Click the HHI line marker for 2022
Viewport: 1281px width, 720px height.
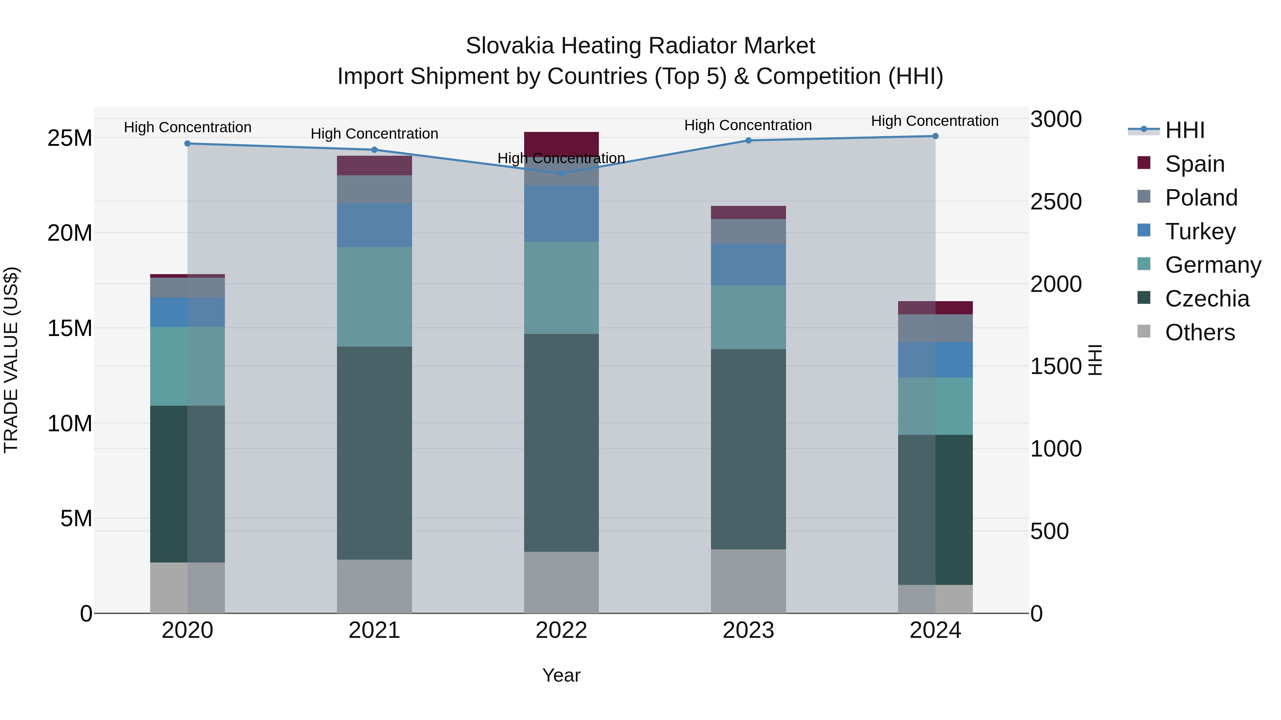click(x=562, y=174)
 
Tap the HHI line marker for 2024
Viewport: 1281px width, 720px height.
click(x=935, y=136)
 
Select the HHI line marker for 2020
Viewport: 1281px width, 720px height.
click(x=188, y=144)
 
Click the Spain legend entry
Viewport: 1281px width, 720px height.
click(x=1195, y=164)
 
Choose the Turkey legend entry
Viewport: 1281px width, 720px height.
click(x=1200, y=231)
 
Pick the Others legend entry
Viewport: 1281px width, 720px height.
click(x=1200, y=332)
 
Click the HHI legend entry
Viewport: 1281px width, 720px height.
click(x=1185, y=130)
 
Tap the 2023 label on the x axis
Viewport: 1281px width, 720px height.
click(x=748, y=630)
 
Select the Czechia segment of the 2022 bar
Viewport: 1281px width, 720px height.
click(x=562, y=442)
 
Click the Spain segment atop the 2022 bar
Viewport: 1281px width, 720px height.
click(x=562, y=141)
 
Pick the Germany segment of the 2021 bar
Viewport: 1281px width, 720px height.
click(x=374, y=297)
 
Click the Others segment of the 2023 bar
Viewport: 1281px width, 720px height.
click(x=748, y=581)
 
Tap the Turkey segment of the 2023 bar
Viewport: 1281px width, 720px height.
click(x=748, y=264)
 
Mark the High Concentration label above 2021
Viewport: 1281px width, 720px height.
click(x=374, y=134)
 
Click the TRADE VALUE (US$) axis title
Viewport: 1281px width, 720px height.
click(x=11, y=360)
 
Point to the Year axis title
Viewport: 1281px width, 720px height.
click(x=562, y=675)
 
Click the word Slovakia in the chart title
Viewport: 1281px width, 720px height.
click(x=509, y=46)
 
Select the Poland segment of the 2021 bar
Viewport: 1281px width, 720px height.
click(x=374, y=189)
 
